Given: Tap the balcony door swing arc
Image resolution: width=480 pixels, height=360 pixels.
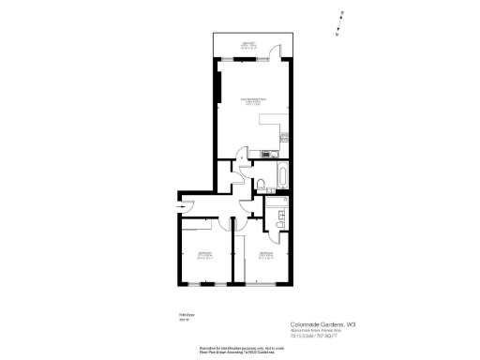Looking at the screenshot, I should (x=269, y=53).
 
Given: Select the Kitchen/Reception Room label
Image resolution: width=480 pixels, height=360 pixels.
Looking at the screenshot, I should (x=254, y=102).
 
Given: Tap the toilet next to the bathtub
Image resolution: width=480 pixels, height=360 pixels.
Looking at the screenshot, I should (x=258, y=177).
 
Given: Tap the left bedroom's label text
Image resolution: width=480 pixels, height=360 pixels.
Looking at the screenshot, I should (x=202, y=254).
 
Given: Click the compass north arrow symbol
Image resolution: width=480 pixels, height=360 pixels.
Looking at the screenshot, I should (x=343, y=17).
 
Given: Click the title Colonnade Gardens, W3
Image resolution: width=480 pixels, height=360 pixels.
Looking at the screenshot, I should (x=323, y=323).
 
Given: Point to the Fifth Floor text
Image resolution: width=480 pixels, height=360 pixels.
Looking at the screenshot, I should (x=186, y=315).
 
